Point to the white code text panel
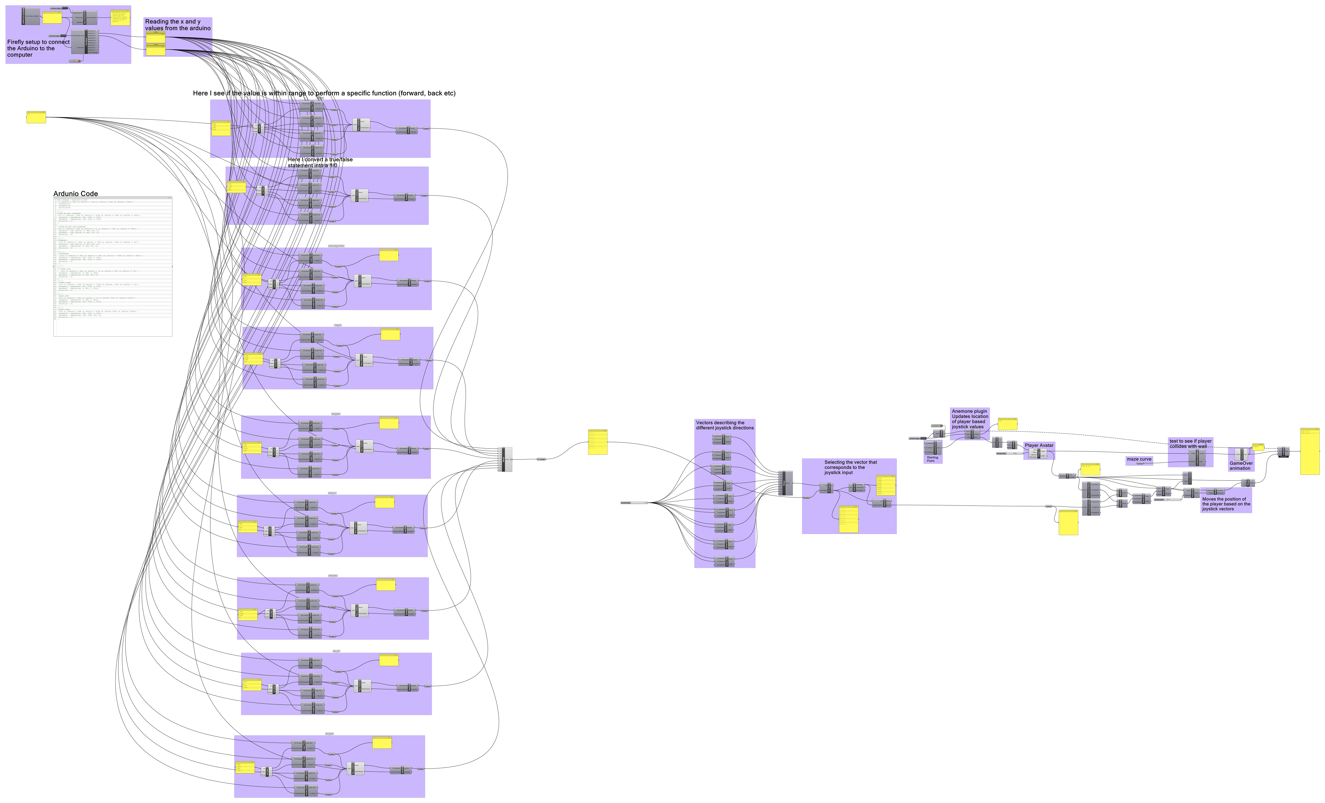click(x=113, y=266)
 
